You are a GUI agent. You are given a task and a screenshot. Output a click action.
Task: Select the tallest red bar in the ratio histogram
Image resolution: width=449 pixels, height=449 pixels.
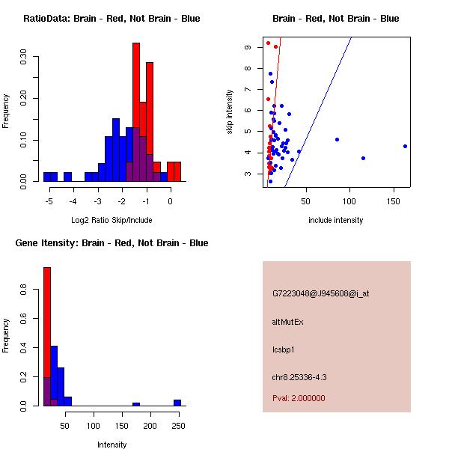pyautogui.click(x=136, y=112)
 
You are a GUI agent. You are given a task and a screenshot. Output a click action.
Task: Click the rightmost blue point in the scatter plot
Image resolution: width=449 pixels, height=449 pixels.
pyautogui.click(x=405, y=146)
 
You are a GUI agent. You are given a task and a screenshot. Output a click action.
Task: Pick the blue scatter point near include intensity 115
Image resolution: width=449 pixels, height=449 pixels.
pyautogui.click(x=363, y=158)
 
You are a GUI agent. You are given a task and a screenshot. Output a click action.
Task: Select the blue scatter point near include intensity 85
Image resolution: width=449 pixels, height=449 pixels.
pyautogui.click(x=337, y=139)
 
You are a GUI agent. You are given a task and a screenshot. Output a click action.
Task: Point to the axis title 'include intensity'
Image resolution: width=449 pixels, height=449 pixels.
pyautogui.click(x=336, y=221)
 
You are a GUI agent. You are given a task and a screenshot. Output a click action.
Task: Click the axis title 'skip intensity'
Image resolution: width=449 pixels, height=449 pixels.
pyautogui.click(x=230, y=112)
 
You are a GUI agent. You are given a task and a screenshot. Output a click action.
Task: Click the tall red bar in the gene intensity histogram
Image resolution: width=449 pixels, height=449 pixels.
pyautogui.click(x=47, y=337)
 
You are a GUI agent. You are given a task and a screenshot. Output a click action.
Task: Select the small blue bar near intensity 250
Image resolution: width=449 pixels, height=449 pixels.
pyautogui.click(x=177, y=403)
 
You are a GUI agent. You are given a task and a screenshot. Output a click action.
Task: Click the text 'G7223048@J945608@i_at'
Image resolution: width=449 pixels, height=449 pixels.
pyautogui.click(x=320, y=293)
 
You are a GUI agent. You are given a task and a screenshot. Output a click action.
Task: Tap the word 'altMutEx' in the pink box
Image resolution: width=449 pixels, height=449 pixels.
pyautogui.click(x=288, y=322)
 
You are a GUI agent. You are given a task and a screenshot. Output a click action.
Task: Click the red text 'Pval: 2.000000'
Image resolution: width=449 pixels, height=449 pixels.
pyautogui.click(x=299, y=398)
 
